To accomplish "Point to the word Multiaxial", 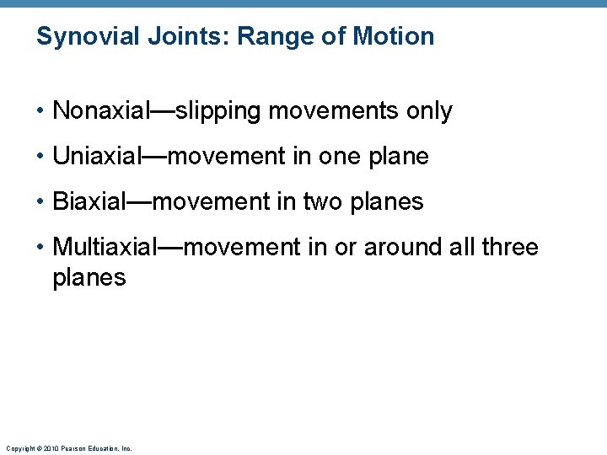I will (105, 247).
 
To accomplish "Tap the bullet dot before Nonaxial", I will (41, 111).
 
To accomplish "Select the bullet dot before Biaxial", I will (41, 202).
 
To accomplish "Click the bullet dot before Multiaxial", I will (41, 248).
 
